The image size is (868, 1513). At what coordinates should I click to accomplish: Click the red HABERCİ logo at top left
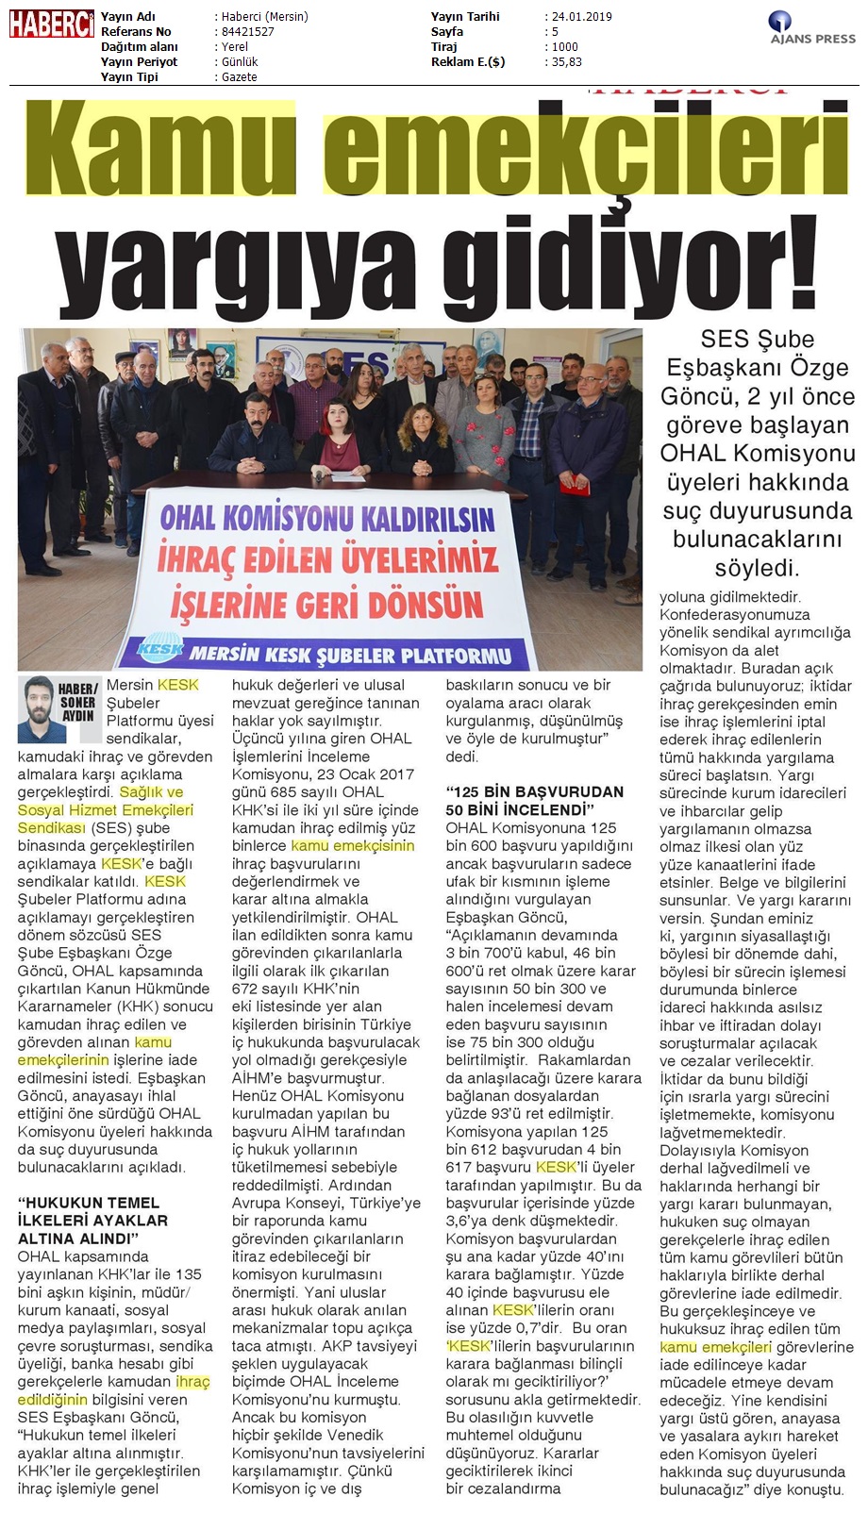51,24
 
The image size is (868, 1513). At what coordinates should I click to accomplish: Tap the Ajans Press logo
812,28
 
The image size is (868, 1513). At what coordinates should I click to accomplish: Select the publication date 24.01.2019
581,17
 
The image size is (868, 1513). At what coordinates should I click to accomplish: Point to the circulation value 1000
565,47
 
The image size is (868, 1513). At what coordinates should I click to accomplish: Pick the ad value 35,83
566,62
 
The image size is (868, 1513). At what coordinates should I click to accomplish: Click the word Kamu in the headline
161,145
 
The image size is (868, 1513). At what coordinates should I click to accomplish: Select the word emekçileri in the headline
585,145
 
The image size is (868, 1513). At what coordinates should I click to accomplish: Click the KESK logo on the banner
160,649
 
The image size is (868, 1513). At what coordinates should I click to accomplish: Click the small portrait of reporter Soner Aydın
37,708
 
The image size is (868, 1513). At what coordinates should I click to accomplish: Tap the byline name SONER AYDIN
78,703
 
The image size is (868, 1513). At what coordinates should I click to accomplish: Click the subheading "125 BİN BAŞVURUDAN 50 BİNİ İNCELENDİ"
534,801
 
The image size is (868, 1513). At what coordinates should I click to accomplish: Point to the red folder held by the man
575,486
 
